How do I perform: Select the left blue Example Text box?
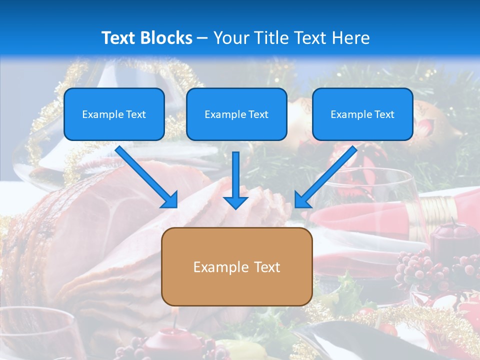(x=114, y=114)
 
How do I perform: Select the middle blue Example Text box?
(x=236, y=114)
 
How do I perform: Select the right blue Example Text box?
(x=362, y=114)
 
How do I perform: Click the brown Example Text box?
(x=237, y=266)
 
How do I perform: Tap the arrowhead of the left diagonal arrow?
(x=170, y=199)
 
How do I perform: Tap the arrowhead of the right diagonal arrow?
(x=301, y=199)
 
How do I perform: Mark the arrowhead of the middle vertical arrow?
(x=235, y=201)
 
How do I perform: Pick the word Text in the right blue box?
(x=384, y=114)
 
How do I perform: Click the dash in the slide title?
(x=202, y=38)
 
